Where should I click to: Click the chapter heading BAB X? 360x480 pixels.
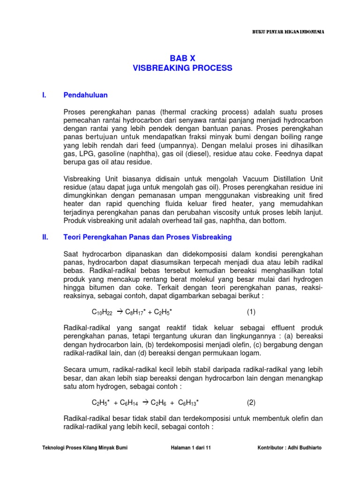coord(182,58)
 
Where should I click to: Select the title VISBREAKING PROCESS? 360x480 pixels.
coord(182,68)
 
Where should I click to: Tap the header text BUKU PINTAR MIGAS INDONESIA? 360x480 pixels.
coord(286,32)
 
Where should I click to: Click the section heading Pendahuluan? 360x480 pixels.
coord(85,95)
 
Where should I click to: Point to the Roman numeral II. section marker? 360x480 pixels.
coord(45,238)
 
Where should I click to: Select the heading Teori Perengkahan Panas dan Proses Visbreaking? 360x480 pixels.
coord(147,238)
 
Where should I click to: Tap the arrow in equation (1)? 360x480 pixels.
coord(119,312)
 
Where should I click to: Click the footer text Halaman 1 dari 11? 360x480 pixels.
coord(191,448)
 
